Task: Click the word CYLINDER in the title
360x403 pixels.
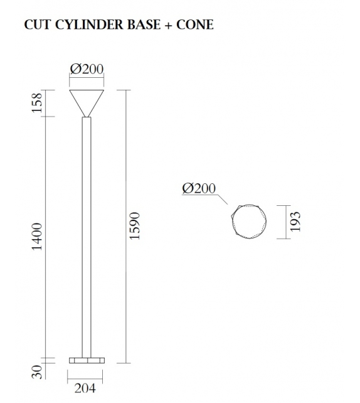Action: [85, 25]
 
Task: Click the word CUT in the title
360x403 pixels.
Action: [36, 25]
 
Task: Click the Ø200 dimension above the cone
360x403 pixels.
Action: [87, 70]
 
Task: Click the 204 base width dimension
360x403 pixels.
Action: [85, 389]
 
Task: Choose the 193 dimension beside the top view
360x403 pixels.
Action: [295, 221]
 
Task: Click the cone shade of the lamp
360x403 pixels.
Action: [87, 100]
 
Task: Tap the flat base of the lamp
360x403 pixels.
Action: [87, 360]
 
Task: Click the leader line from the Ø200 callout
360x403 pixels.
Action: [223, 200]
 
